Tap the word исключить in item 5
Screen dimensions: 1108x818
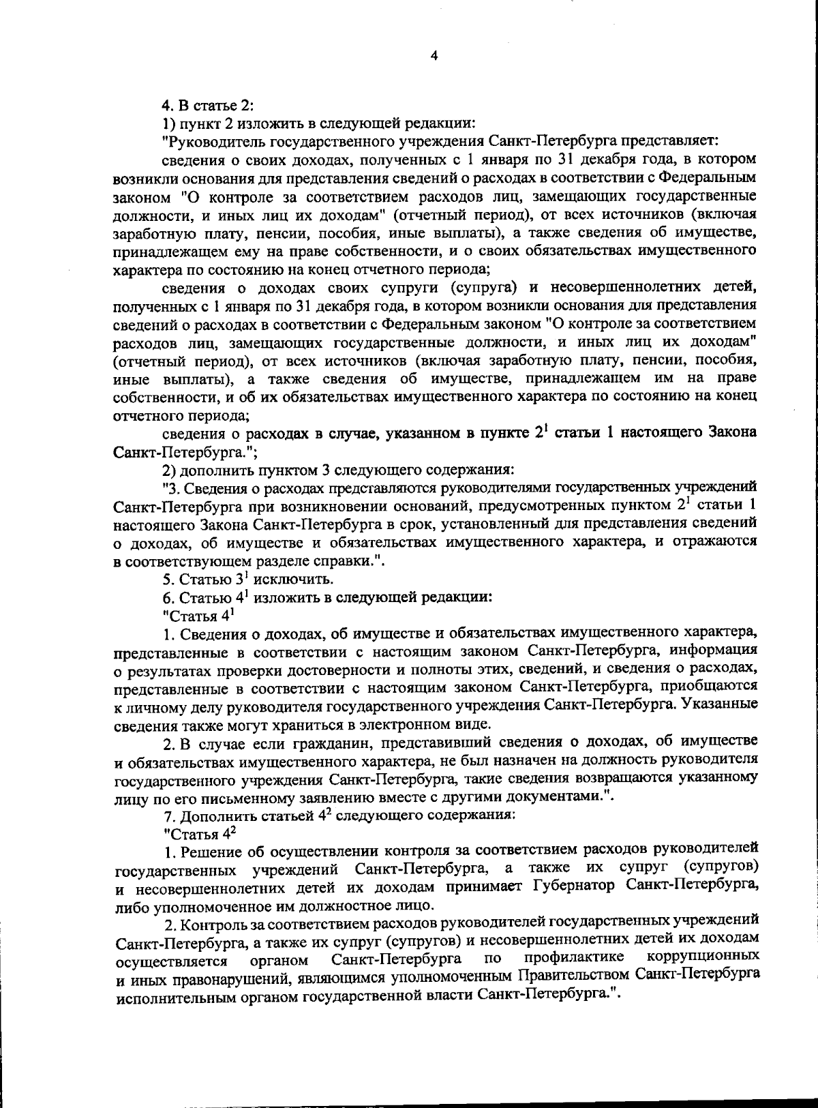click(x=300, y=580)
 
